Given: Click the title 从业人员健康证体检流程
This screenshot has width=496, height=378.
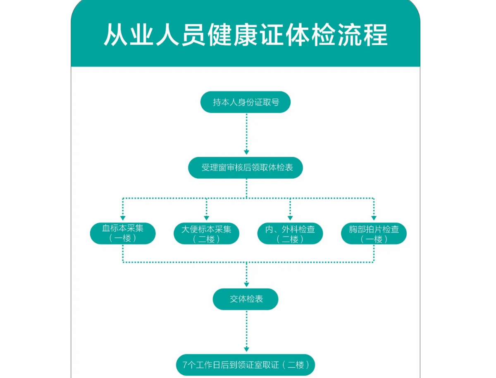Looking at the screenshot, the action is coord(246,35).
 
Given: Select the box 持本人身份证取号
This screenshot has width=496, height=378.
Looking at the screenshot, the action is coord(246,102).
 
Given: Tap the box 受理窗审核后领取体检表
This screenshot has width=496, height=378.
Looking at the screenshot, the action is coord(246,167).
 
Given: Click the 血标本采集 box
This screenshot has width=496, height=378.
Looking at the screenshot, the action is coord(123,233).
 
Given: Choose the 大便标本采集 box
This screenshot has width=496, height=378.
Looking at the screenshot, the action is coord(206,233).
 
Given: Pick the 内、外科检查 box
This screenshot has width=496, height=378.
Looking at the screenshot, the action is coord(290,233).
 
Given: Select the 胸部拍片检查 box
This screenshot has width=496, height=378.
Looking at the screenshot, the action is coord(374,233).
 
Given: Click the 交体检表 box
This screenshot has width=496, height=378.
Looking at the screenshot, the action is coord(246,299).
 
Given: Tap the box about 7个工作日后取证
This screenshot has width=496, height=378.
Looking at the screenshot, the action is coord(246,365).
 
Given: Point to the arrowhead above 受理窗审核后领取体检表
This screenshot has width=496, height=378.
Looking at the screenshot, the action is coord(246,152).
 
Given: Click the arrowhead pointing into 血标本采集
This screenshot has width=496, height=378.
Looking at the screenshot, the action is coord(123,218).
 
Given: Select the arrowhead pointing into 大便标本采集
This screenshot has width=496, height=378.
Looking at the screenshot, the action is coord(206,218).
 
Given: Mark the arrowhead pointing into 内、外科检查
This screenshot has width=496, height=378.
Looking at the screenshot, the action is coord(290,218).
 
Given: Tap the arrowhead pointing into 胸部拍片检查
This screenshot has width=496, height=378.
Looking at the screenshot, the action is coord(374,218).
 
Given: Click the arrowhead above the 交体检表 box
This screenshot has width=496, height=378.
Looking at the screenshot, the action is coord(246,285).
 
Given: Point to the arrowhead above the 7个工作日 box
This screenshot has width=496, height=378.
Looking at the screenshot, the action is coord(246,349).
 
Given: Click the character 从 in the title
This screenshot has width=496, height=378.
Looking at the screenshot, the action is coord(115,35).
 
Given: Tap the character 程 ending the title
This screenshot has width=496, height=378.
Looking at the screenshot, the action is coord(376,35).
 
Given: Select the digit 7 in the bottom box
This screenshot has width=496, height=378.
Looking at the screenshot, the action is coord(185,365).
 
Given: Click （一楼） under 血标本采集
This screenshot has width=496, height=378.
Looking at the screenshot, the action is coord(123,238).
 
